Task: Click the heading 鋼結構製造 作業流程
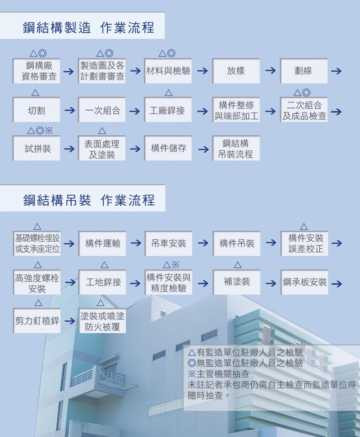point(88,27)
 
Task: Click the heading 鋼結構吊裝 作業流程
point(89,200)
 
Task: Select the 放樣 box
point(236,71)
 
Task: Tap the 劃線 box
point(304,71)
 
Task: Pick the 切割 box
point(36,110)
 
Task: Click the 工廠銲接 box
point(168,110)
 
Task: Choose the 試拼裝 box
point(36,148)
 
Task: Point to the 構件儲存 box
point(168,148)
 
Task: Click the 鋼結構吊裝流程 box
point(236,148)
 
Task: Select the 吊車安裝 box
point(168,243)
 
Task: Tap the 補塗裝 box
point(237,282)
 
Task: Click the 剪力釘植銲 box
point(37,320)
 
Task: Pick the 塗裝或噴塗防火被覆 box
point(102,320)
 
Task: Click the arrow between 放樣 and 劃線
point(270,70)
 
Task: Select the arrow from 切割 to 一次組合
point(69,110)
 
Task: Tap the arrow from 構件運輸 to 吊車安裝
point(136,243)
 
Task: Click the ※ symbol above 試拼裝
point(49,130)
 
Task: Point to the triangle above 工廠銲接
point(168,92)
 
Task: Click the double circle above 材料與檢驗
point(171,53)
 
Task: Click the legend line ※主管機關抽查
point(218,374)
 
